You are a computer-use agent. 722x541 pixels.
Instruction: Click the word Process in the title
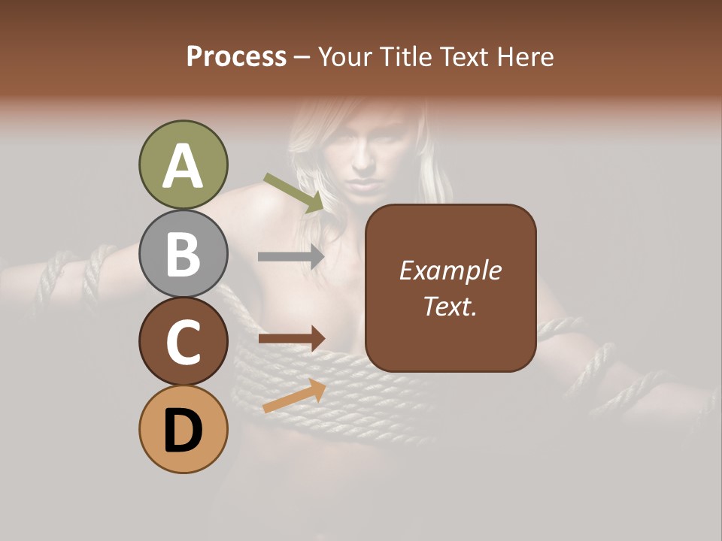[236, 57]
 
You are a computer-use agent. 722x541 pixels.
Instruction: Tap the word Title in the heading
[402, 57]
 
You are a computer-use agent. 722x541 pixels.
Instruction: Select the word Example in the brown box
[450, 270]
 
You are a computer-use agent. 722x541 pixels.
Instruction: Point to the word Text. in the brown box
[450, 306]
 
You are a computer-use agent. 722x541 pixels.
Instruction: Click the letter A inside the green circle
[183, 166]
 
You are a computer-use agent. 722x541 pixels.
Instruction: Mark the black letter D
[183, 431]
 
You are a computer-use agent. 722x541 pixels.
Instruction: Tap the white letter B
[183, 254]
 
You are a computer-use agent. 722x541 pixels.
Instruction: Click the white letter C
[183, 343]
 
